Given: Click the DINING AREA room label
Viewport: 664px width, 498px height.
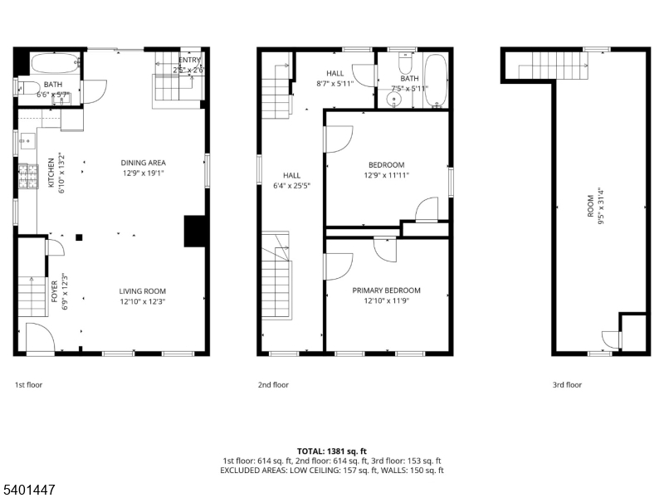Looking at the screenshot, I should click(x=143, y=164).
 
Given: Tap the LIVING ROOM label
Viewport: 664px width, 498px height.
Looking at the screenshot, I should click(x=143, y=291).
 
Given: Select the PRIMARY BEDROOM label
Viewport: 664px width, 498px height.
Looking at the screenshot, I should click(x=386, y=290).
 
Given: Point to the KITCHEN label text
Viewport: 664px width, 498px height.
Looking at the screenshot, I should click(x=51, y=173).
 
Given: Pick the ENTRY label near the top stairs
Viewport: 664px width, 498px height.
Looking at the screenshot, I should click(x=188, y=60).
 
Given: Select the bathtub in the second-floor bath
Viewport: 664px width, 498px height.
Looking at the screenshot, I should click(x=437, y=81).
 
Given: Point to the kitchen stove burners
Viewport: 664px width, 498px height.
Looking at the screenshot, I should click(x=27, y=175).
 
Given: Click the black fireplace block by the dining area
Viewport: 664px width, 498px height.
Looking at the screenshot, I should click(x=194, y=232).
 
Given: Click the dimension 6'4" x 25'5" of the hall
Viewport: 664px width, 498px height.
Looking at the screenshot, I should click(x=291, y=186).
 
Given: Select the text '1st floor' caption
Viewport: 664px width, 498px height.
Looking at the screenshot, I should click(x=28, y=385).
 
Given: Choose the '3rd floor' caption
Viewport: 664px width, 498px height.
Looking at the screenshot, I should click(x=567, y=385).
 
